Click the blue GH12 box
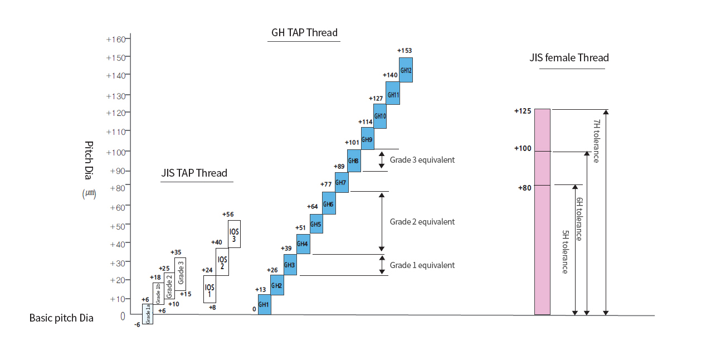click(x=406, y=70)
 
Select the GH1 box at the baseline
click(x=264, y=304)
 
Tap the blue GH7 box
click(x=342, y=182)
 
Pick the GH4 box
click(x=303, y=244)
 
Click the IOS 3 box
click(x=234, y=234)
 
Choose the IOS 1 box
click(x=209, y=289)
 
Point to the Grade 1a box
click(x=148, y=314)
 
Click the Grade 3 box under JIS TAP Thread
click(x=180, y=274)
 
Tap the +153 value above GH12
click(x=405, y=51)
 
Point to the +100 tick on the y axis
click(x=117, y=152)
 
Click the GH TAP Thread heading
click(x=304, y=32)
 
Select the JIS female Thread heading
click(x=569, y=57)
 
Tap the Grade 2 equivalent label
click(x=422, y=222)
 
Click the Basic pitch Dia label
click(x=61, y=318)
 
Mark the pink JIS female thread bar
click(x=542, y=212)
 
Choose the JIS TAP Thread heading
click(x=194, y=173)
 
